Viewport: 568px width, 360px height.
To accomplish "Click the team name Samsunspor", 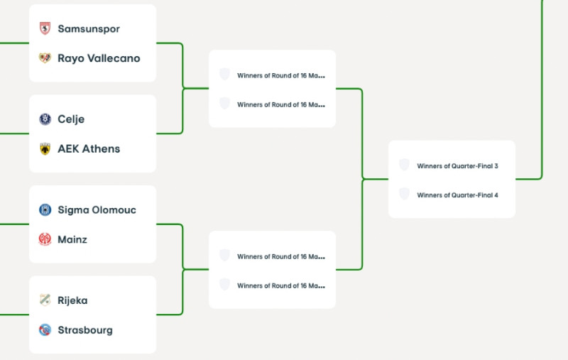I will [88, 29].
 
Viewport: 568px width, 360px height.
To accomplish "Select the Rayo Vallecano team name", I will [99, 58].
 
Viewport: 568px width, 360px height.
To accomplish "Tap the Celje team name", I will [71, 119].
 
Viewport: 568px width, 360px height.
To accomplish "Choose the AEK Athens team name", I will [89, 148].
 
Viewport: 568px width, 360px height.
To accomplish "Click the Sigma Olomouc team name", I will [97, 210].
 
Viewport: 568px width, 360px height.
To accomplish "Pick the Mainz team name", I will [72, 239].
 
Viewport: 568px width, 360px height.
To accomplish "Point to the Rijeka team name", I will [72, 300].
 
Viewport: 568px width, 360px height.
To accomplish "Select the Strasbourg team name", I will [85, 329].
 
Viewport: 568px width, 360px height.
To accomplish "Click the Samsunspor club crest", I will [45, 28].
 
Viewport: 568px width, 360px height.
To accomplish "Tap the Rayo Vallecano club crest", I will [45, 58].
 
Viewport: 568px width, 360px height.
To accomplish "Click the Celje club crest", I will [45, 119].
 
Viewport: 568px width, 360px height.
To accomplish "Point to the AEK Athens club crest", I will [45, 148].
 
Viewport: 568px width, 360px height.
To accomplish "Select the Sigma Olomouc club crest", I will [45, 210].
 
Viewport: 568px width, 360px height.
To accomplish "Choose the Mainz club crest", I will [45, 239].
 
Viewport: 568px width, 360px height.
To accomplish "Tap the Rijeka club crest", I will [45, 300].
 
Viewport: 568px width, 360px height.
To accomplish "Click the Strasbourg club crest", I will [45, 329].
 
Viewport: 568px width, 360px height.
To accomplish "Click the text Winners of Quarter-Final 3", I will [457, 166].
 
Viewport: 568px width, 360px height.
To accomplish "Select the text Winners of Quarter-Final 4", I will [457, 195].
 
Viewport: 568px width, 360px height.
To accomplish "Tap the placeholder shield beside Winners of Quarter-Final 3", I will [404, 165].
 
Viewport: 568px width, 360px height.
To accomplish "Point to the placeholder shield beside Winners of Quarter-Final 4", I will [404, 195].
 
